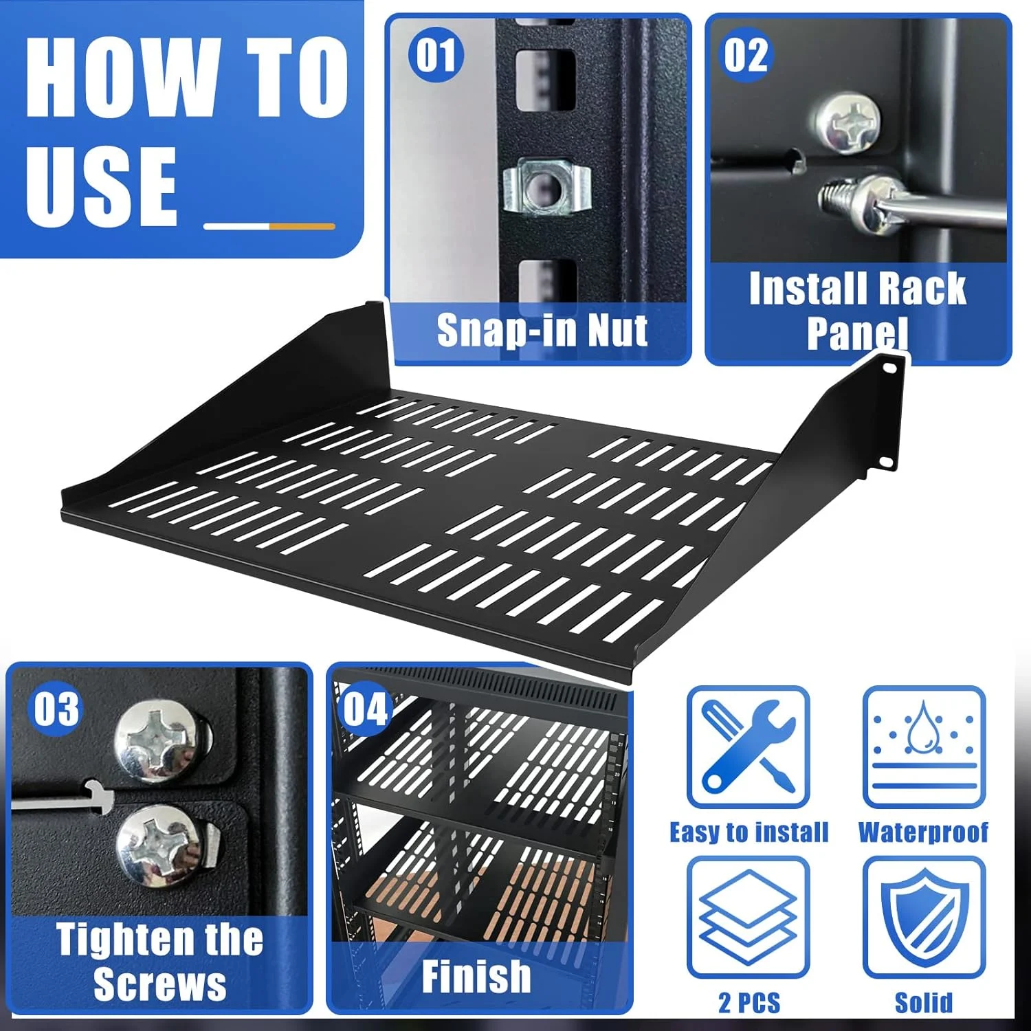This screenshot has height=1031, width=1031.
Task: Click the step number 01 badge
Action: click(x=436, y=55)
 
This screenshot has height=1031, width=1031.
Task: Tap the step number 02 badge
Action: click(x=745, y=55)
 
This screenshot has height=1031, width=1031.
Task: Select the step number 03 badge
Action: click(x=57, y=709)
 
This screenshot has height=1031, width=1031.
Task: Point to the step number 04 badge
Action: click(x=365, y=709)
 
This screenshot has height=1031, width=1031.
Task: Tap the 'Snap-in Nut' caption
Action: click(x=542, y=331)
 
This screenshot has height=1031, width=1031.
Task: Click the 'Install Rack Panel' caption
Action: click(x=857, y=310)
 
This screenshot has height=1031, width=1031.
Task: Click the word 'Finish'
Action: click(x=476, y=976)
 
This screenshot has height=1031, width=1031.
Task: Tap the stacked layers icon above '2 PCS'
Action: click(x=748, y=916)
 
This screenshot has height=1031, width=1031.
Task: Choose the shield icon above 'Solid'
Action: click(x=923, y=916)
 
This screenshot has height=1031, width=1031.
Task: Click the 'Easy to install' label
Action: click(x=749, y=832)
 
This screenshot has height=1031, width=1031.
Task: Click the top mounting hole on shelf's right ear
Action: click(x=891, y=368)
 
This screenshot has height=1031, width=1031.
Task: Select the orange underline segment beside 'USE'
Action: click(x=302, y=226)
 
